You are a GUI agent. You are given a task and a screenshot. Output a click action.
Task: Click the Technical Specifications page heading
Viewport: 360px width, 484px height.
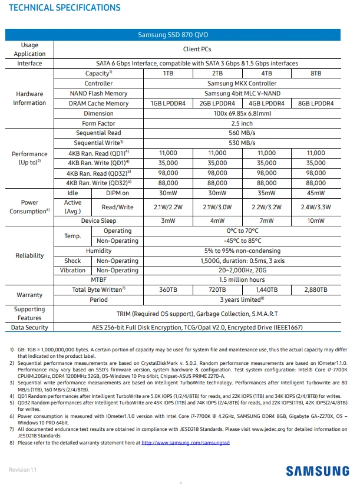[x=65, y=8]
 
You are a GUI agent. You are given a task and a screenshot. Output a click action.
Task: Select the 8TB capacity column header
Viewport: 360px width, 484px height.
[x=315, y=74]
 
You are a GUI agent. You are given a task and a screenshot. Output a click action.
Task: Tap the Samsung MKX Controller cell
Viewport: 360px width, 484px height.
[x=242, y=84]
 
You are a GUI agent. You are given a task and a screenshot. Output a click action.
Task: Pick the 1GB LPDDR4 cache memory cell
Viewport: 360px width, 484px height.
[x=168, y=103]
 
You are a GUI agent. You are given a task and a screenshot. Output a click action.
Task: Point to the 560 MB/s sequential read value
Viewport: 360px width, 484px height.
[x=242, y=133]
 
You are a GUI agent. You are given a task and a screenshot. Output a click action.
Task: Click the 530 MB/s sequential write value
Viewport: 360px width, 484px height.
[x=242, y=143]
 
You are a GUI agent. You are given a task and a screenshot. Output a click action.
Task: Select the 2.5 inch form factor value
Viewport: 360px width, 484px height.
[x=242, y=123]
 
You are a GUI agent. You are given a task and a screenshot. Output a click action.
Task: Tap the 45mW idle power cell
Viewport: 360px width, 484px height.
[x=315, y=193]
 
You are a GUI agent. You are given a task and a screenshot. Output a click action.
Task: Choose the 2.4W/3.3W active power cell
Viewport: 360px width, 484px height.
[x=315, y=207]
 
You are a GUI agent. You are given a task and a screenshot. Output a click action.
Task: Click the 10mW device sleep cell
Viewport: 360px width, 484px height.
[x=315, y=221]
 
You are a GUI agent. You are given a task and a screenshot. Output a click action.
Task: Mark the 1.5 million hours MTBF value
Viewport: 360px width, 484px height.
[x=242, y=280]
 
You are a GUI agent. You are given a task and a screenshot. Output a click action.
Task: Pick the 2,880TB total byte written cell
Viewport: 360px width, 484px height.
[x=315, y=290]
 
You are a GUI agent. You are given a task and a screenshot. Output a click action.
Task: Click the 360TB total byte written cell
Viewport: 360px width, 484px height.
[x=168, y=290]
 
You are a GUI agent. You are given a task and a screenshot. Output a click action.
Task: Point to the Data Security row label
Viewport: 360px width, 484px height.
[x=29, y=328]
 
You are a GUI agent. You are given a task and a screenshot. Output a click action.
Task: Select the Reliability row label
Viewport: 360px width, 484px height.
[x=29, y=256]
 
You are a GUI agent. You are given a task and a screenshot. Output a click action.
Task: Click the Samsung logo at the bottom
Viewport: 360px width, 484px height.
[x=317, y=470]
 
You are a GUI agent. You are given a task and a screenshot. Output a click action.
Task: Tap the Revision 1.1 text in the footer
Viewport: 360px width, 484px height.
[x=22, y=469]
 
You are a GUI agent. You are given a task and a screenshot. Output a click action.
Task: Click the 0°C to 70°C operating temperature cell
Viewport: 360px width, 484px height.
[x=242, y=231]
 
